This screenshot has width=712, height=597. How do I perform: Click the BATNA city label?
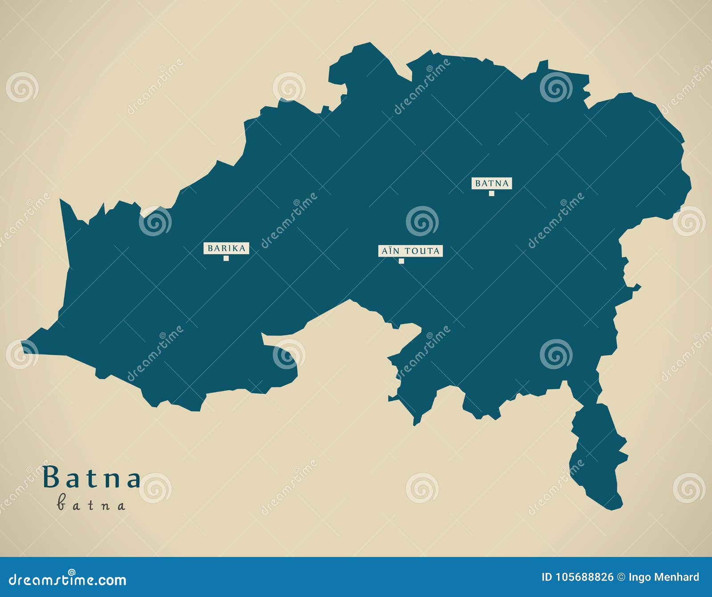click(x=491, y=183)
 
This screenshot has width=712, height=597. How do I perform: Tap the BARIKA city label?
click(x=226, y=248)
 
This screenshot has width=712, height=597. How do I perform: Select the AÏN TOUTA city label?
click(x=410, y=251)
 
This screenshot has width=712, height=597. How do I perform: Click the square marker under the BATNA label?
click(x=491, y=193)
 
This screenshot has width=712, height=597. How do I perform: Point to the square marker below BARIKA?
click(x=226, y=258)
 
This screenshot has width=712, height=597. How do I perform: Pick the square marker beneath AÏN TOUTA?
click(x=401, y=261)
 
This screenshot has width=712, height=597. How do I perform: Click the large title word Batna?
click(x=92, y=478)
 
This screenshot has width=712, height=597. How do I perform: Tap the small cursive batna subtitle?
click(x=91, y=504)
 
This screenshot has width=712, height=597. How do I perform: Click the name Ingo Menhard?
click(x=664, y=577)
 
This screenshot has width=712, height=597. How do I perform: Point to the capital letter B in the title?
click(x=51, y=477)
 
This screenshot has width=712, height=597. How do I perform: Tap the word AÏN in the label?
click(x=391, y=251)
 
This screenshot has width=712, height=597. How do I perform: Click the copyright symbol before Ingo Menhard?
click(x=621, y=577)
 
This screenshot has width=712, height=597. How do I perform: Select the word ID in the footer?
click(x=546, y=577)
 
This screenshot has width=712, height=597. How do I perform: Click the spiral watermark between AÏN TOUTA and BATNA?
click(x=422, y=221)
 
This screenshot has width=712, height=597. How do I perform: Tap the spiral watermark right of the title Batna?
click(x=155, y=488)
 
